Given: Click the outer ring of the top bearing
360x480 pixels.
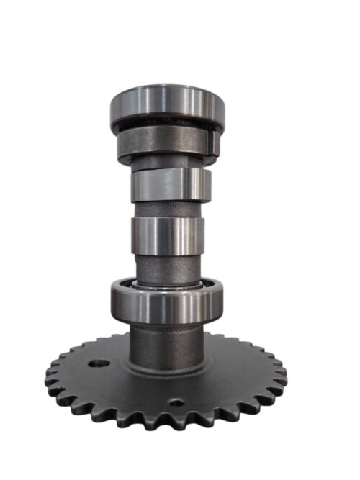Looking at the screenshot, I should click(167, 108).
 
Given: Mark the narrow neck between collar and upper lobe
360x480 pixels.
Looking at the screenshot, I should click(168, 164).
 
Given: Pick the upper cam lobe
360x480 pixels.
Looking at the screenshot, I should click(168, 185).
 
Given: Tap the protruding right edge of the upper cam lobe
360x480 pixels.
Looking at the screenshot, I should click(208, 184).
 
